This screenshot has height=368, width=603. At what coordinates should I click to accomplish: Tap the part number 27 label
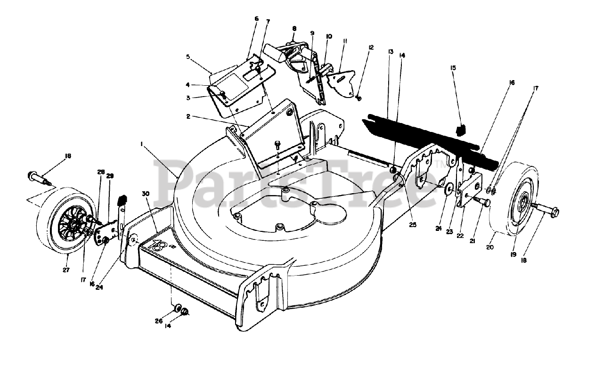point(66,270)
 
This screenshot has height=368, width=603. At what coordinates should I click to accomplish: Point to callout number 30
point(146,193)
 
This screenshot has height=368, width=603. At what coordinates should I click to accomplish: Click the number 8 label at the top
point(294,29)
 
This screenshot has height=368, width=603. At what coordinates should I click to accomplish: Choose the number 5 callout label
point(188,57)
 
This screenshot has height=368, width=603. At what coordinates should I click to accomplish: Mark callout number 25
point(413,225)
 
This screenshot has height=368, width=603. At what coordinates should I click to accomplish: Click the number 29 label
point(110,176)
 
